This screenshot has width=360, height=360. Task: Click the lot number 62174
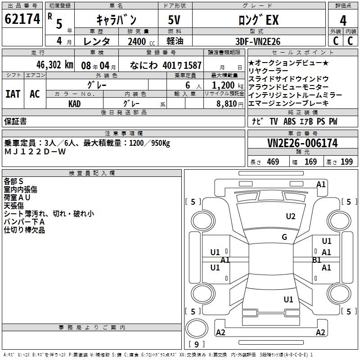(22, 19)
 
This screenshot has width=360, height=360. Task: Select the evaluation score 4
(343, 20)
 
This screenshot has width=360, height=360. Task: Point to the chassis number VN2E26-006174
(302, 143)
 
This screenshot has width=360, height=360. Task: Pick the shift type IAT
(13, 94)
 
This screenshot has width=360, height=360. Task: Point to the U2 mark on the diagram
(291, 216)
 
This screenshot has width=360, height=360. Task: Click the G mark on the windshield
(284, 237)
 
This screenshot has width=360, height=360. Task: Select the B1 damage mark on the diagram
(316, 260)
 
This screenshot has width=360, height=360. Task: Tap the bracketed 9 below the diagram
(197, 345)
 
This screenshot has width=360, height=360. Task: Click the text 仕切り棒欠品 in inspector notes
(24, 230)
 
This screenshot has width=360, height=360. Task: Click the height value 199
(346, 162)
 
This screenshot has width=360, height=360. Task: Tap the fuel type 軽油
(175, 41)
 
